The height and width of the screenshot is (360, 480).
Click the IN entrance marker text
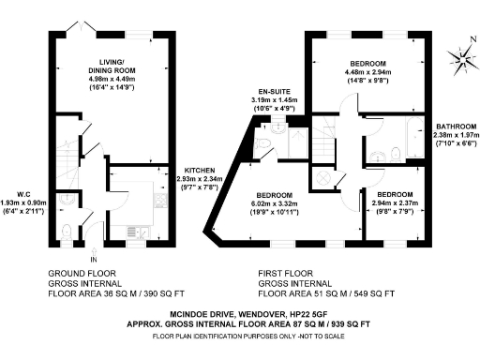click(x=93, y=259)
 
